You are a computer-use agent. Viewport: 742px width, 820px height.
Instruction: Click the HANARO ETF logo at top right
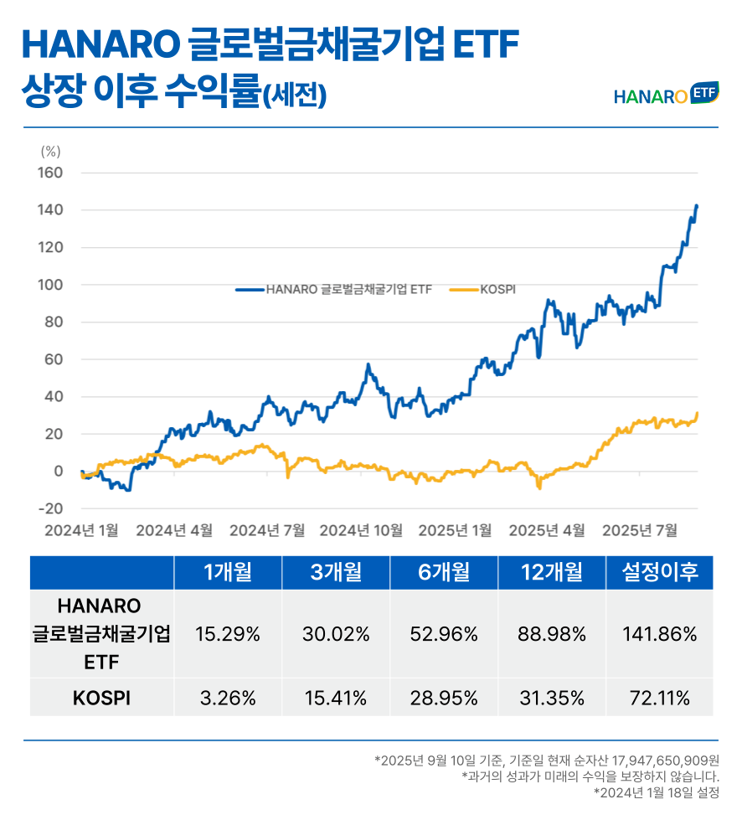(x=666, y=94)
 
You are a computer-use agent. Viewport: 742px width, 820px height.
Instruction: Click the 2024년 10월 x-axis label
(x=361, y=530)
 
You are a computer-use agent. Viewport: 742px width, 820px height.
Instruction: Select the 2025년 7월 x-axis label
(x=640, y=530)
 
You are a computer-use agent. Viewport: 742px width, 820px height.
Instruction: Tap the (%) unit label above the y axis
(x=50, y=152)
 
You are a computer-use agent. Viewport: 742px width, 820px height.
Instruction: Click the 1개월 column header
(x=228, y=573)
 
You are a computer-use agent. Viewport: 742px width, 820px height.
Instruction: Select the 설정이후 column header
(x=659, y=573)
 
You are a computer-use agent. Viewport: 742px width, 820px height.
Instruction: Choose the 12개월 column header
(x=551, y=573)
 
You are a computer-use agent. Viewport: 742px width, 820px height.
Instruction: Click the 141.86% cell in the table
(x=659, y=634)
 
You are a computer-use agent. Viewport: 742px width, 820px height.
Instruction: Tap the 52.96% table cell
(x=443, y=634)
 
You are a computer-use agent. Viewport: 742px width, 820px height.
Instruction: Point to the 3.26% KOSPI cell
(x=228, y=699)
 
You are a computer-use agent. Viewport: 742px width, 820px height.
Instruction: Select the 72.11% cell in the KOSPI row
(x=659, y=699)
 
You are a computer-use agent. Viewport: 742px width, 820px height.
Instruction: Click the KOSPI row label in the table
(x=102, y=699)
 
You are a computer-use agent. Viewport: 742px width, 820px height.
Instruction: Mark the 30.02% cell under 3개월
(x=336, y=634)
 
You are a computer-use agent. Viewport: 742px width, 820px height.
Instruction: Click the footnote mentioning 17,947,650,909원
(x=548, y=761)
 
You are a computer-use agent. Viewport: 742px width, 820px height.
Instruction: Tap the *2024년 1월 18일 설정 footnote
(x=656, y=792)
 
